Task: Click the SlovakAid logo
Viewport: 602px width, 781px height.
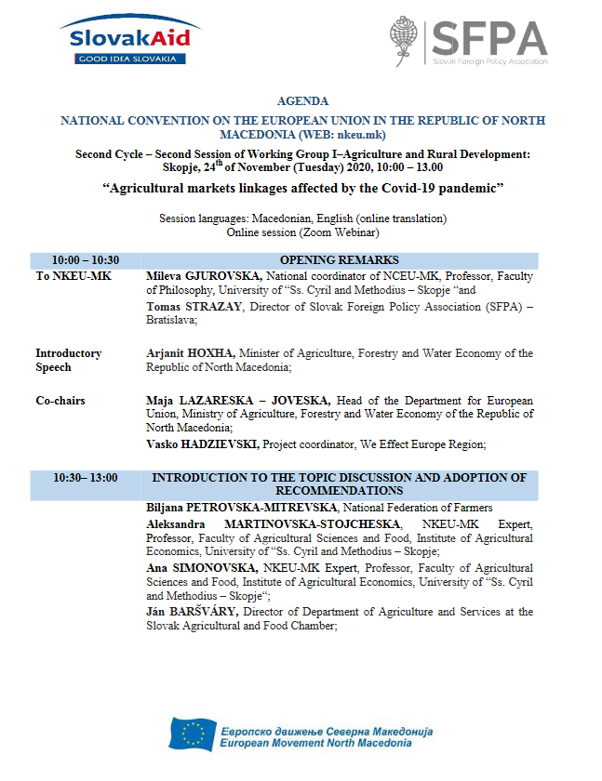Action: (x=129, y=40)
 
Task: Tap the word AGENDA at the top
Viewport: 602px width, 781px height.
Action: (x=302, y=100)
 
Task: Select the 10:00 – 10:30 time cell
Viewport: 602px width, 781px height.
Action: (x=85, y=260)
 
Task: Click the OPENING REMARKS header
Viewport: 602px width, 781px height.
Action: (x=339, y=260)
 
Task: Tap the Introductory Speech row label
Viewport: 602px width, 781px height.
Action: (x=68, y=360)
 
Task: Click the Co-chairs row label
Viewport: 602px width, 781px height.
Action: (x=60, y=401)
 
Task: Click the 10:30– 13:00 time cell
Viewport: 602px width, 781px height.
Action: (x=85, y=478)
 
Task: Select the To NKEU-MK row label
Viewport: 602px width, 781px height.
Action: (x=68, y=276)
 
